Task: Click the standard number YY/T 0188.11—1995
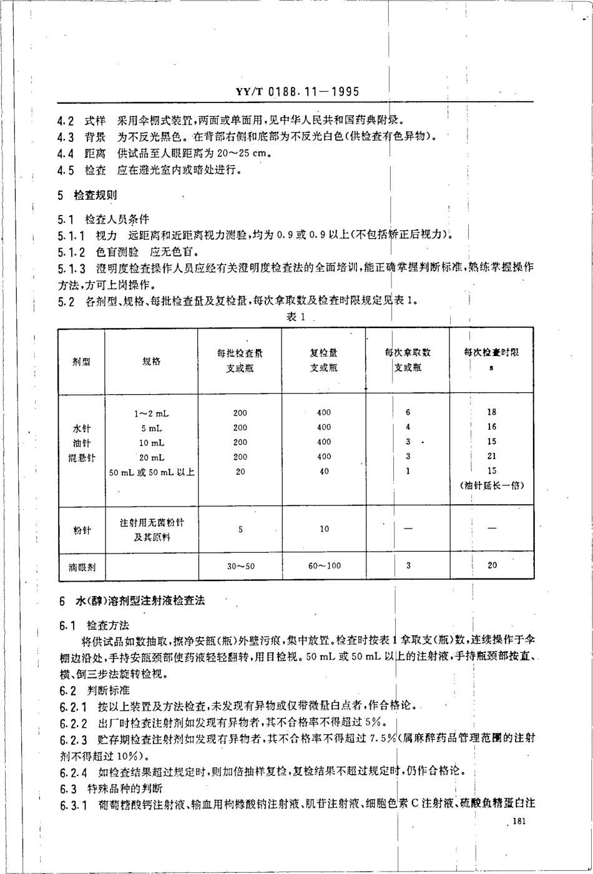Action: [297, 91]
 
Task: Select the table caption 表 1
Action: [295, 317]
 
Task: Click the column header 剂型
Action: [81, 362]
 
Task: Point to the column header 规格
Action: [151, 362]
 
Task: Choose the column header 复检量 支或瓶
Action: [324, 360]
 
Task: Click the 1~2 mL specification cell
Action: [151, 413]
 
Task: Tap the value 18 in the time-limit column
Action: [492, 412]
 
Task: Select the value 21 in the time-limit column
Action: [492, 457]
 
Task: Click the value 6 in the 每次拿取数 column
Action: [408, 412]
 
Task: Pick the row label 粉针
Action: [81, 530]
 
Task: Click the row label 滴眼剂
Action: [81, 566]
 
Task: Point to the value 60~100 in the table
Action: [325, 566]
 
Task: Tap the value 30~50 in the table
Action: [240, 566]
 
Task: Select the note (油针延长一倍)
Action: [492, 485]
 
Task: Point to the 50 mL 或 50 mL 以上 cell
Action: [152, 472]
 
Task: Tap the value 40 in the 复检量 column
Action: [324, 472]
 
